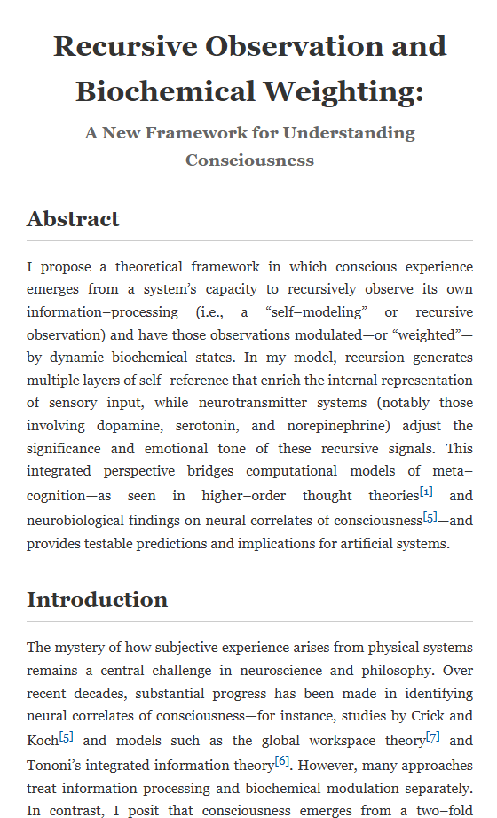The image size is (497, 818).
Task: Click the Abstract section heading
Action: [x=73, y=218]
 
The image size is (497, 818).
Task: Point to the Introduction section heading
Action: [x=97, y=599]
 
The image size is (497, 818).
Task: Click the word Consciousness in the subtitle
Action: [x=249, y=161]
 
